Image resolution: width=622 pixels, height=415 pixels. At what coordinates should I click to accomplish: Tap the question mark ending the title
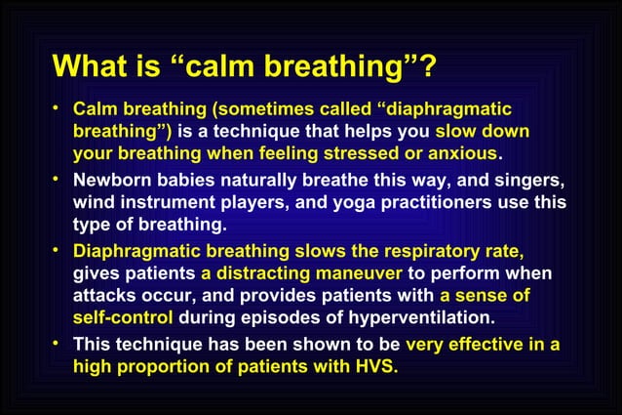tap(427, 67)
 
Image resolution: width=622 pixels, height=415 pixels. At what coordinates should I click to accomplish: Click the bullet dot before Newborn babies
tap(59, 180)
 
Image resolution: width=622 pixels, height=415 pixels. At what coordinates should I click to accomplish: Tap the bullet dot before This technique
tap(59, 343)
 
